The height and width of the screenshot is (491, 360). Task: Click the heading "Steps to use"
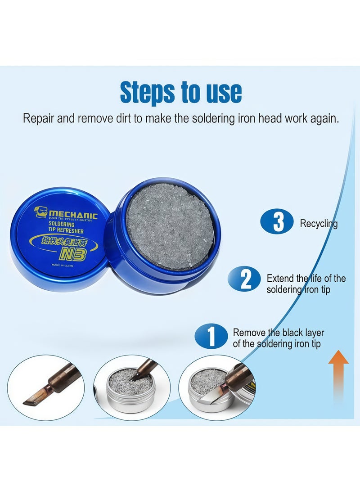click(x=180, y=92)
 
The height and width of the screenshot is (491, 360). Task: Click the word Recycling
click(x=319, y=224)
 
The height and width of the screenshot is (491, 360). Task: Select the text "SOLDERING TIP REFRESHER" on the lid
click(x=63, y=228)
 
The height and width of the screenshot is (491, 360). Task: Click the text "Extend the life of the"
click(x=306, y=279)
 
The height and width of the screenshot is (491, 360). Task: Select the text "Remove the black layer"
click(x=278, y=333)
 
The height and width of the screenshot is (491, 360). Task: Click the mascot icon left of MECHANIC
click(x=41, y=211)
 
